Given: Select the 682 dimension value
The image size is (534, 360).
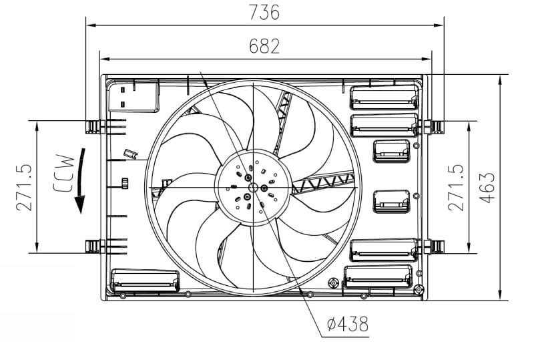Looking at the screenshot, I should (264, 46).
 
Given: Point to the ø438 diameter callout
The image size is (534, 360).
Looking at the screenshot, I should (348, 325).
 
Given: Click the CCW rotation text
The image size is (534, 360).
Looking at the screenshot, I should (64, 173).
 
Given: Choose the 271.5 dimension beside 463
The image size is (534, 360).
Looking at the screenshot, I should (456, 188).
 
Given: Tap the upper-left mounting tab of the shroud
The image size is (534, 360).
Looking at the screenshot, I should (92, 125).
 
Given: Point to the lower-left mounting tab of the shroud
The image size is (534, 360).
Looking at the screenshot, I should (92, 247).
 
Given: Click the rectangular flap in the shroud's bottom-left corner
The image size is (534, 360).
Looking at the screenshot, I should (145, 281).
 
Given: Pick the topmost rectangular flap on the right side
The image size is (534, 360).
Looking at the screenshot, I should (384, 97).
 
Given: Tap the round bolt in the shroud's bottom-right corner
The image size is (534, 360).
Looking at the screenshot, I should (419, 289).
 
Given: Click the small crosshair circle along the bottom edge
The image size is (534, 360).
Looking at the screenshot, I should (334, 283).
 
